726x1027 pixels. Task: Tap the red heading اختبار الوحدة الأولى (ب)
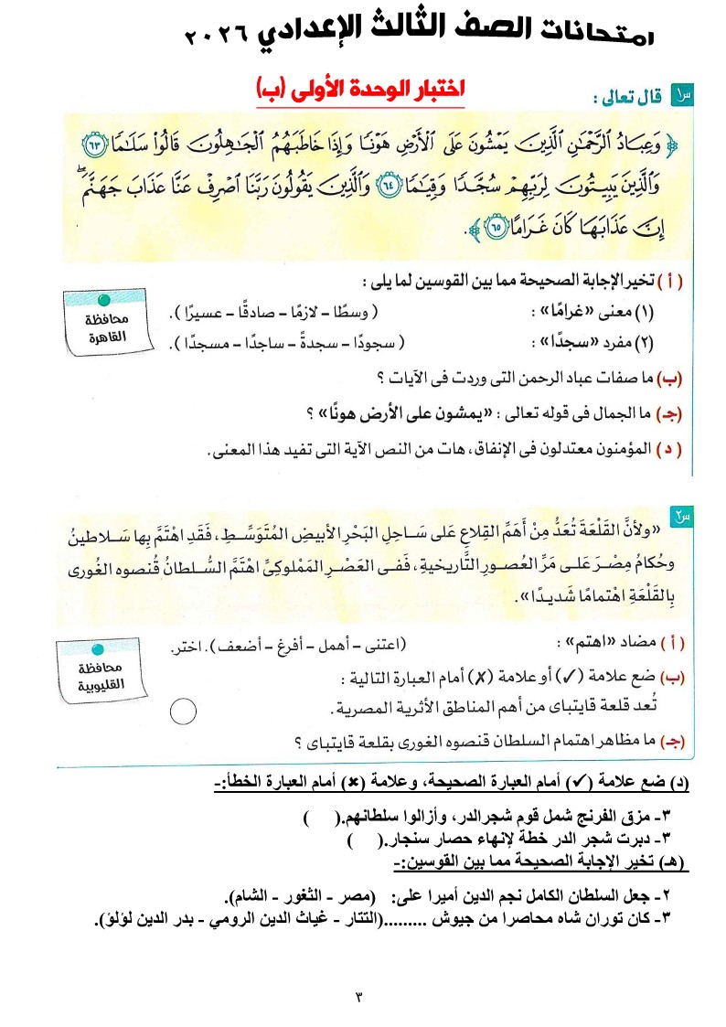361,90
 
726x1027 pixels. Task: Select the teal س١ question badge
682,93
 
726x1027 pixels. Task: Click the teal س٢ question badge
681,518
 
